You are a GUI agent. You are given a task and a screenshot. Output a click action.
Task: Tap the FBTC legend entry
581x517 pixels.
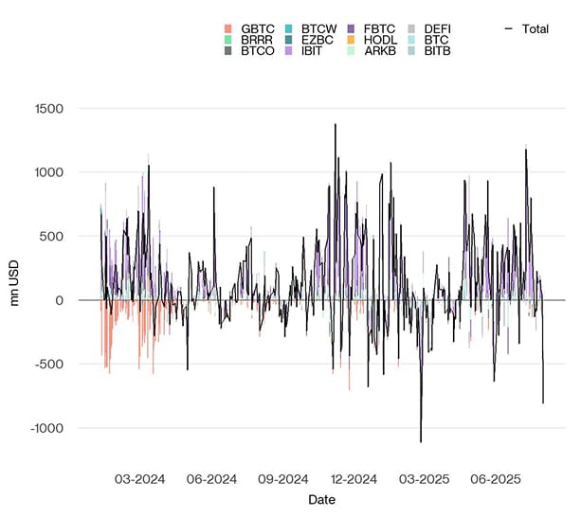pos(380,29)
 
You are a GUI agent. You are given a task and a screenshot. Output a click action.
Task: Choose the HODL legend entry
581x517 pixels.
pos(380,40)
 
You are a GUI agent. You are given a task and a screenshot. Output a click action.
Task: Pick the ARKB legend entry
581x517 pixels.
pos(380,50)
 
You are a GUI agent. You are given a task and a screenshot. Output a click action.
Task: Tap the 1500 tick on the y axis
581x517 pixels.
pos(45,108)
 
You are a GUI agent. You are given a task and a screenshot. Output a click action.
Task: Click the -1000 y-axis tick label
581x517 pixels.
pos(44,428)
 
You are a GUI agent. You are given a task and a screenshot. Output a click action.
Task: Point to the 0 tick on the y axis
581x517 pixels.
pos(59,300)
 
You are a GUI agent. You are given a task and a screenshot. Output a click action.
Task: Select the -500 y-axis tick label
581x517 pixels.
pos(47,365)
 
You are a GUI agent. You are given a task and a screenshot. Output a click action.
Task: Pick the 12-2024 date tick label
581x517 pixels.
pos(352,480)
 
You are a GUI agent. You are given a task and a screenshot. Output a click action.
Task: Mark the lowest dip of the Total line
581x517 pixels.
pos(421,442)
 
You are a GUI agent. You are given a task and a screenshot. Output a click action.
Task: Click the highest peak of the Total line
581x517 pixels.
pos(335,124)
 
